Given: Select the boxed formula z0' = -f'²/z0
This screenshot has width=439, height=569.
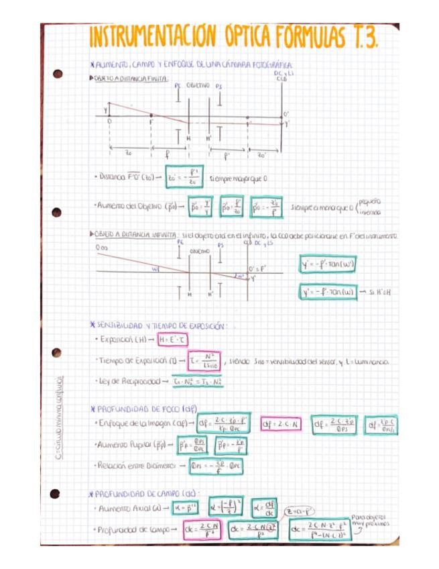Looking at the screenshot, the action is click(x=184, y=178).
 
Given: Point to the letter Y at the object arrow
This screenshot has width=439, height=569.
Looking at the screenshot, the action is click(x=106, y=109).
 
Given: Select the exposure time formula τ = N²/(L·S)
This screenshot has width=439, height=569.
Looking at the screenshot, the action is click(x=204, y=361).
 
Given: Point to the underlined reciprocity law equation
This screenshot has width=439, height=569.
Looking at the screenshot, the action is click(x=198, y=381).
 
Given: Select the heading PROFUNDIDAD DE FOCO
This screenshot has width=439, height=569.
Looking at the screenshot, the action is click(x=139, y=408).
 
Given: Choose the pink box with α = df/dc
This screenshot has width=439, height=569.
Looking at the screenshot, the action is click(x=266, y=508).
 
